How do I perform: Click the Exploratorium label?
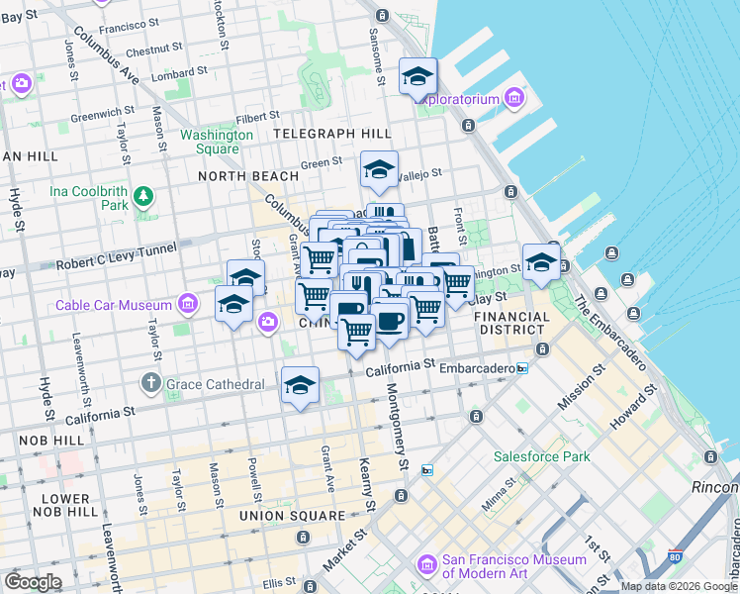point(456,99)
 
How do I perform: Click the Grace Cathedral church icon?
point(150,382)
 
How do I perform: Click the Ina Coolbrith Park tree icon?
point(144,196)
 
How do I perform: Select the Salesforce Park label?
point(542,456)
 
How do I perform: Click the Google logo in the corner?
point(33,581)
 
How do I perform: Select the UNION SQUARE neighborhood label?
point(292,516)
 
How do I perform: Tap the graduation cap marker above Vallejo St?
point(379,170)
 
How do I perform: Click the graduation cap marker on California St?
point(300,386)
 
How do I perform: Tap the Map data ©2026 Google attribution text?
point(678,586)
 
